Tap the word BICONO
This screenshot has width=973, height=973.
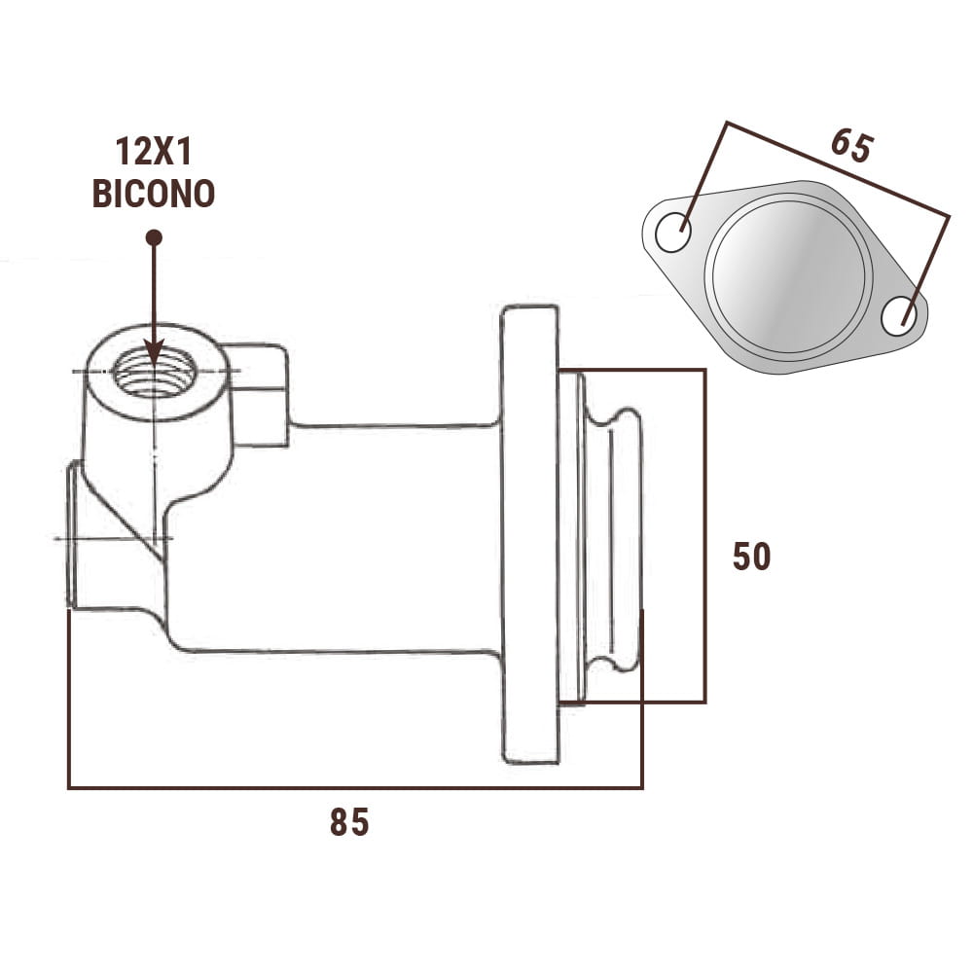(x=153, y=193)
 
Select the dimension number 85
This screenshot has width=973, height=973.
(x=349, y=822)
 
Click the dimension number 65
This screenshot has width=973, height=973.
(x=851, y=145)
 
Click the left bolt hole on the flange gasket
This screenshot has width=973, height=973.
(x=672, y=234)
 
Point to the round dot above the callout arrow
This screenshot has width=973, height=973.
(x=153, y=236)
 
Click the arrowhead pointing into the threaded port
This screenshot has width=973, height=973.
(x=154, y=354)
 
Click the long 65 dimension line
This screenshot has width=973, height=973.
(x=837, y=168)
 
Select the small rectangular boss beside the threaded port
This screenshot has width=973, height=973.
(x=259, y=394)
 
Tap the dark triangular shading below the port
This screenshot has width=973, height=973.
(x=136, y=525)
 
